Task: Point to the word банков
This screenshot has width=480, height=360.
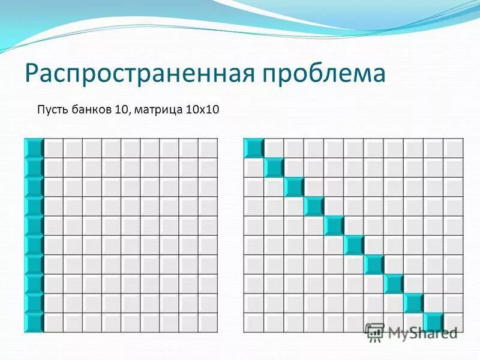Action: tap(96, 110)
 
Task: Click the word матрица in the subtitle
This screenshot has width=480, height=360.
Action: tap(157, 110)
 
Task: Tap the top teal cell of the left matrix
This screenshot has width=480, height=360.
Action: tap(34, 148)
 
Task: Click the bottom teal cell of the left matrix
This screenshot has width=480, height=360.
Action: tap(34, 323)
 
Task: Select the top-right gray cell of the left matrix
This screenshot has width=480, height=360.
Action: tap(208, 148)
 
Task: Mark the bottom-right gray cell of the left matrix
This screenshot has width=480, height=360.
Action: tap(208, 323)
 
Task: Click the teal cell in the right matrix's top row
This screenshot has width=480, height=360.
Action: tap(254, 148)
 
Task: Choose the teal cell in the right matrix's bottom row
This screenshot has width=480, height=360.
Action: tap(433, 323)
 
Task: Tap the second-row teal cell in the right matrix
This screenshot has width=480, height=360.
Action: tap(274, 167)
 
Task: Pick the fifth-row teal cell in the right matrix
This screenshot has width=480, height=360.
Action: tap(334, 226)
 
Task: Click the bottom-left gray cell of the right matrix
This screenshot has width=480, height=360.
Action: tap(254, 323)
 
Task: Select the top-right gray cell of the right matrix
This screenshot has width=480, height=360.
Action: tap(453, 148)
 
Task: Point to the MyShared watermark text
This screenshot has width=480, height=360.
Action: tap(422, 332)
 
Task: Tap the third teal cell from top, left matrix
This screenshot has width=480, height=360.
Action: tap(34, 187)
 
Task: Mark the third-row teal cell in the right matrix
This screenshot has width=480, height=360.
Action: tap(294, 187)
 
